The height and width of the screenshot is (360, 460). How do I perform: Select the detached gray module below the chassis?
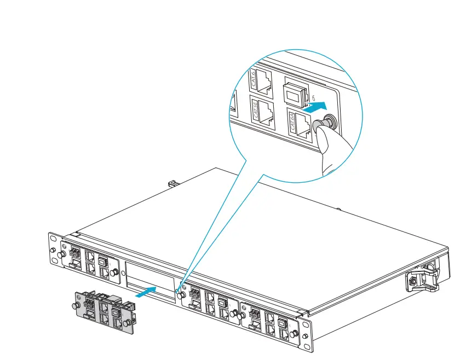pyautogui.click(x=104, y=311)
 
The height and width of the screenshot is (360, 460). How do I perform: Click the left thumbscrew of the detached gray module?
pyautogui.click(x=78, y=304)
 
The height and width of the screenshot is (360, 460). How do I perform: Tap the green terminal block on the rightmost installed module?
pyautogui.click(x=254, y=313)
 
